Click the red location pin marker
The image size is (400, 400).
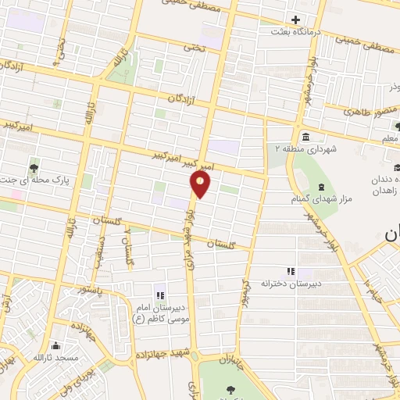(201, 184)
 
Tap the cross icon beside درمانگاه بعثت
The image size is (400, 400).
(295, 20)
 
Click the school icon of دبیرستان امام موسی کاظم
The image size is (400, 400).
(161, 295)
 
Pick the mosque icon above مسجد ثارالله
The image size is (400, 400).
(55, 346)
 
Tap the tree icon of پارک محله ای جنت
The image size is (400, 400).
(34, 166)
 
